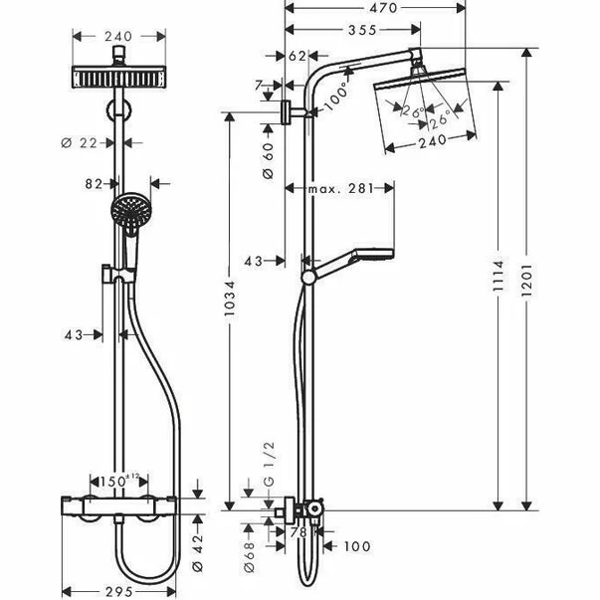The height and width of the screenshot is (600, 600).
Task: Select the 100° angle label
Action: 335,98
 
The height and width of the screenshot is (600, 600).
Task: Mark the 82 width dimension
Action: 97,183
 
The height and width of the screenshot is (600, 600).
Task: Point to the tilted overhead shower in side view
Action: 425,108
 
